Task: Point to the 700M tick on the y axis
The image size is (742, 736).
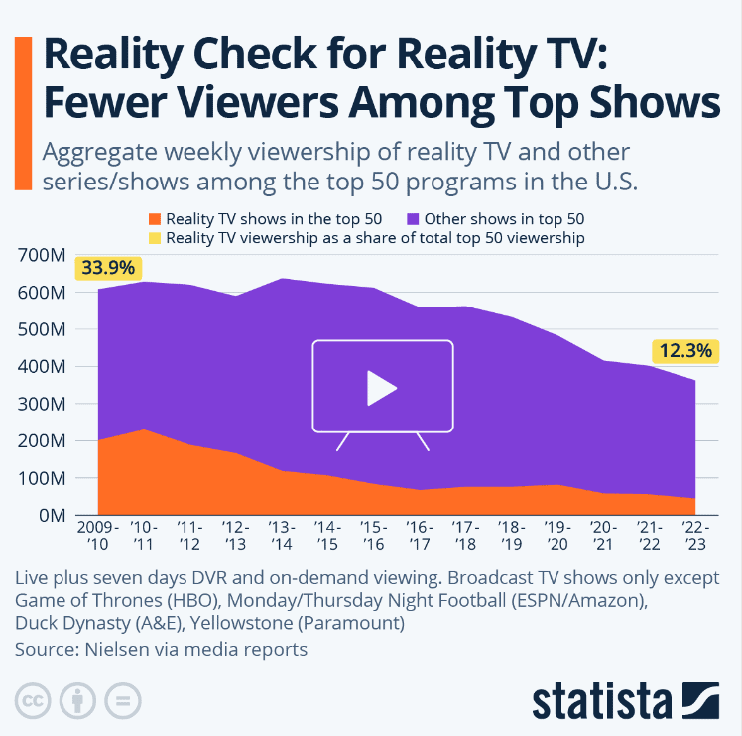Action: click(41, 256)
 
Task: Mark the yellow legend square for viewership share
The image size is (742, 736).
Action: click(154, 238)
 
